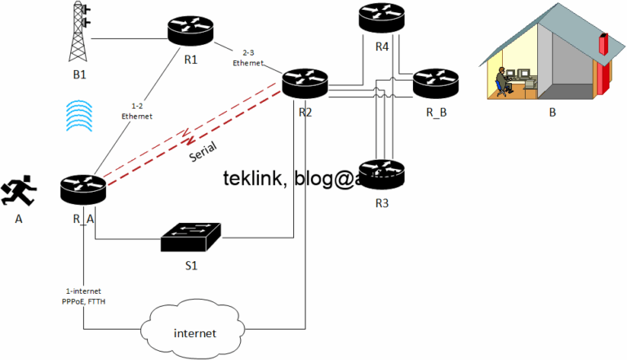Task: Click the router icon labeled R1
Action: tap(189, 31)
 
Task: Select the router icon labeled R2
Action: tap(305, 83)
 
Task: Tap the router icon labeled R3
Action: tap(382, 173)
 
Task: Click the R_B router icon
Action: tap(436, 83)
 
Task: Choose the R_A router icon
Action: tap(83, 189)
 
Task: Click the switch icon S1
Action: tap(191, 237)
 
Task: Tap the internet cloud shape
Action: tap(195, 330)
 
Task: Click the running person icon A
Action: tap(17, 191)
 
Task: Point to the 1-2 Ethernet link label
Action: tap(131, 111)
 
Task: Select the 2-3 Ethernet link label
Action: tap(247, 57)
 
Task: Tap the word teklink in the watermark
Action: tap(252, 179)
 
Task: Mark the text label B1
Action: tap(78, 74)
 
